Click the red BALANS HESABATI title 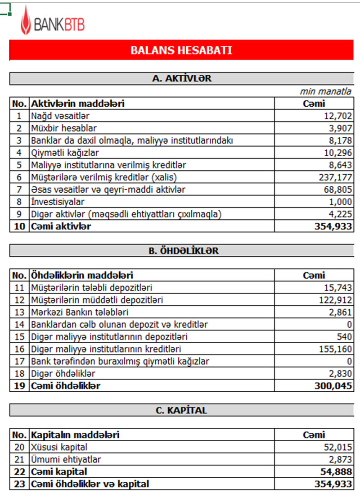click(x=181, y=50)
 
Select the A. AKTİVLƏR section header click(x=181, y=78)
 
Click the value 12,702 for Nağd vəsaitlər click(x=337, y=116)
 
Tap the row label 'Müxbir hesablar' click(x=64, y=128)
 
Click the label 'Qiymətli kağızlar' click(x=65, y=153)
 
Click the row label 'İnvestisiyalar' click(x=58, y=202)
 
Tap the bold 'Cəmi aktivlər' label click(x=61, y=226)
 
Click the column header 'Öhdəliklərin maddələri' click(x=82, y=275)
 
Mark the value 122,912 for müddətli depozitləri click(x=335, y=300)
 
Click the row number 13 click(x=19, y=312)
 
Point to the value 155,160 click(x=335, y=349)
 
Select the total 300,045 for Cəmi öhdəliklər click(x=334, y=386)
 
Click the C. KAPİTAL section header click(x=181, y=410)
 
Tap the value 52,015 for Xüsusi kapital click(x=337, y=447)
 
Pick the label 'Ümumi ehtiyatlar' click(x=66, y=459)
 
